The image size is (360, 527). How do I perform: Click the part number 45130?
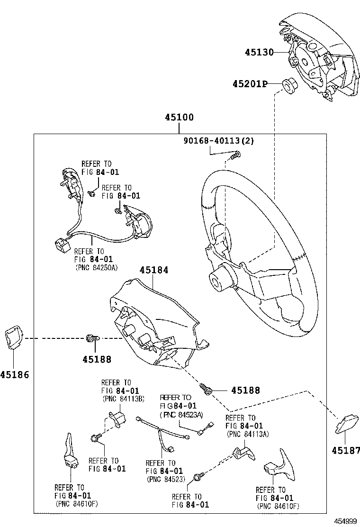click(x=259, y=53)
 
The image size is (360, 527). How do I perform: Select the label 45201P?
click(x=250, y=84)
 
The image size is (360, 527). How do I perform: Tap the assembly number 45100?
click(x=180, y=118)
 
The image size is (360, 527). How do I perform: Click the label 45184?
click(x=154, y=270)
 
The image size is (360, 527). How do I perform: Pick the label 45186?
click(x=15, y=375)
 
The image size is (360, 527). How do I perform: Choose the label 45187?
click(x=346, y=450)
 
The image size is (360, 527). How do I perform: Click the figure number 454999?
click(x=345, y=521)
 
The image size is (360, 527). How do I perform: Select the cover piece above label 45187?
click(x=343, y=424)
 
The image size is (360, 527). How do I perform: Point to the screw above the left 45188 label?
click(x=93, y=338)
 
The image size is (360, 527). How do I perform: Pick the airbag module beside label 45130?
click(x=317, y=57)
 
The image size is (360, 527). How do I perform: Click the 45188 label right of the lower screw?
click(x=245, y=390)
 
